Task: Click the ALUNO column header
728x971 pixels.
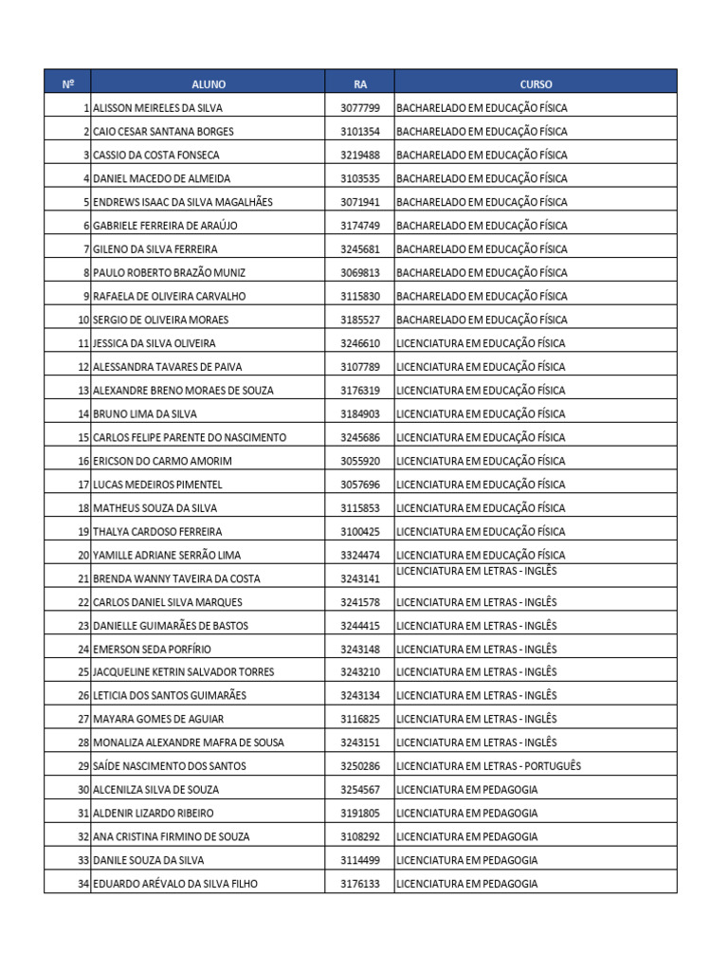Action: point(209,84)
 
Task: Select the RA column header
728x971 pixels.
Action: point(360,84)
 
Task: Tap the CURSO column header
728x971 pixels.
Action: point(536,84)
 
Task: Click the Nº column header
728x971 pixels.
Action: point(68,84)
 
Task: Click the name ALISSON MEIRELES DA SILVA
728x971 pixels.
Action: point(157,108)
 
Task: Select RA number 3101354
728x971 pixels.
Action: point(360,132)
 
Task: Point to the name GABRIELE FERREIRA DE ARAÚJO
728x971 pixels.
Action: point(165,226)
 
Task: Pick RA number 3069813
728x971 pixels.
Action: point(360,273)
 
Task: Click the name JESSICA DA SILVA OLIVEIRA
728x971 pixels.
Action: point(155,343)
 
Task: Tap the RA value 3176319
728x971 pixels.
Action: point(360,391)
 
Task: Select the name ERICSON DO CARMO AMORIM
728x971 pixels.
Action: point(162,461)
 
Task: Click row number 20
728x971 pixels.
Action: point(83,555)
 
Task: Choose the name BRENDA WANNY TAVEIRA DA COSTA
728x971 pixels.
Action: point(176,578)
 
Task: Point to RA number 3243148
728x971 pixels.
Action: point(360,650)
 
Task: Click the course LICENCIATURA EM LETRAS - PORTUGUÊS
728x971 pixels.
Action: point(489,766)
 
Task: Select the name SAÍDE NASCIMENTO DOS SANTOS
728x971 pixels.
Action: point(169,766)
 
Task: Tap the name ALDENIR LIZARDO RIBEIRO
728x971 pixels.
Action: point(154,814)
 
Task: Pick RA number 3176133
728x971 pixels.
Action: point(360,884)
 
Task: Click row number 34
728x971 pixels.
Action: point(83,884)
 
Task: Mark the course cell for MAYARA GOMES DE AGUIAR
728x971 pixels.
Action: point(477,720)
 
